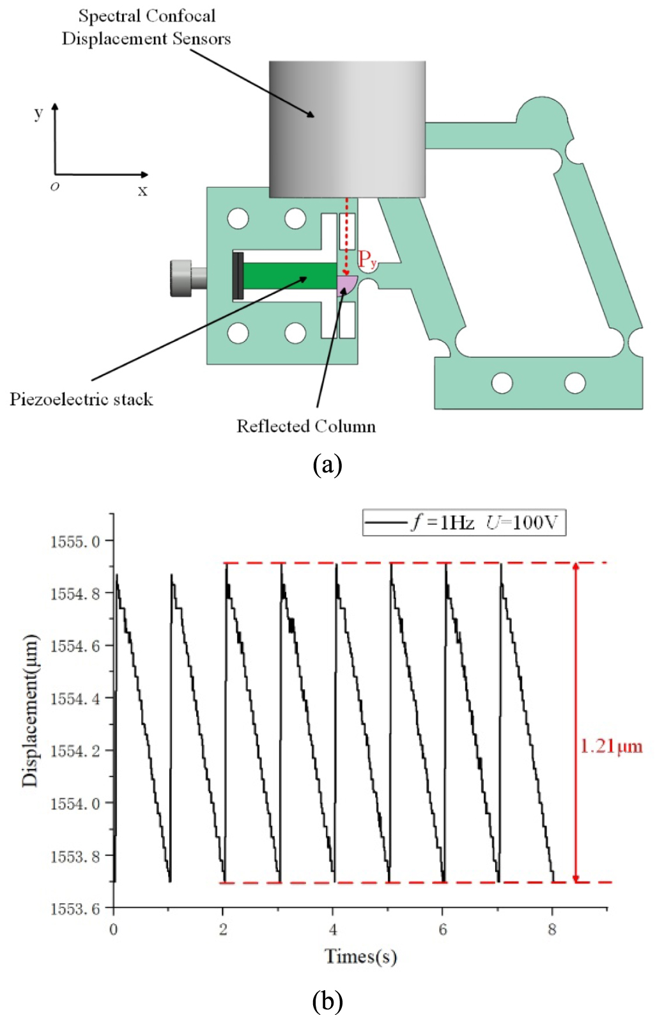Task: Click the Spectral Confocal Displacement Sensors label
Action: [x=146, y=27]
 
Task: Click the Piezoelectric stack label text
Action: [x=81, y=399]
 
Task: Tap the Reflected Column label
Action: [x=306, y=426]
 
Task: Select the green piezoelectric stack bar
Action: [x=289, y=275]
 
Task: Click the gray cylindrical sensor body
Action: [x=347, y=128]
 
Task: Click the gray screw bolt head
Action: [x=181, y=278]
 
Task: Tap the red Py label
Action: [x=367, y=260]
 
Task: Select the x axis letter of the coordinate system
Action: [x=143, y=190]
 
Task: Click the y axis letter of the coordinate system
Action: [x=38, y=113]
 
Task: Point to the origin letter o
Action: [x=55, y=187]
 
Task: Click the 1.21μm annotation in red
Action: [x=611, y=747]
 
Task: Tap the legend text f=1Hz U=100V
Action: [x=484, y=523]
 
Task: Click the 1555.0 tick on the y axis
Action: [x=75, y=542]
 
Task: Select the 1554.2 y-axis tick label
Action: [x=75, y=751]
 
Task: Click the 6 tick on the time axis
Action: [x=443, y=929]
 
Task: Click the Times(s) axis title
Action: [x=360, y=957]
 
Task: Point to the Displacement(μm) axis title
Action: [x=30, y=711]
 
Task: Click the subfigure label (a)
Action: [x=327, y=465]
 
